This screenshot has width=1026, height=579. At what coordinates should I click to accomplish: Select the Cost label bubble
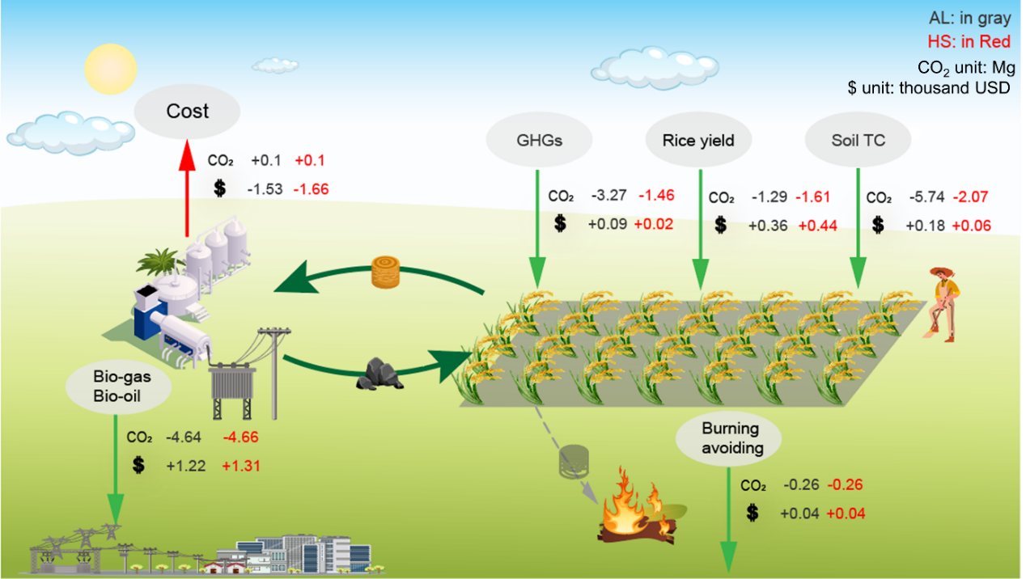tap(187, 111)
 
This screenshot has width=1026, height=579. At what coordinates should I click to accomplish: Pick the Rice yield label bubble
tap(698, 141)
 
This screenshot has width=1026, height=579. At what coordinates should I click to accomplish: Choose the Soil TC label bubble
tap(858, 141)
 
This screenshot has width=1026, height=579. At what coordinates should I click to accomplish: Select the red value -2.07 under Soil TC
tap(973, 197)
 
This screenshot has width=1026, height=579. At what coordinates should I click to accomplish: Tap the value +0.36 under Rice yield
tap(766, 226)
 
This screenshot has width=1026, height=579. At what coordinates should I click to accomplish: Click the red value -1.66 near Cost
tap(311, 189)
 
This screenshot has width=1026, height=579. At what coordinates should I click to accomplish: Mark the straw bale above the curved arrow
tap(385, 273)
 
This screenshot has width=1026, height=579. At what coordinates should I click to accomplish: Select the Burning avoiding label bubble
tap(731, 437)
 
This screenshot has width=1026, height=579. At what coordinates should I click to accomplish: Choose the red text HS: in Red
tap(974, 41)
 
